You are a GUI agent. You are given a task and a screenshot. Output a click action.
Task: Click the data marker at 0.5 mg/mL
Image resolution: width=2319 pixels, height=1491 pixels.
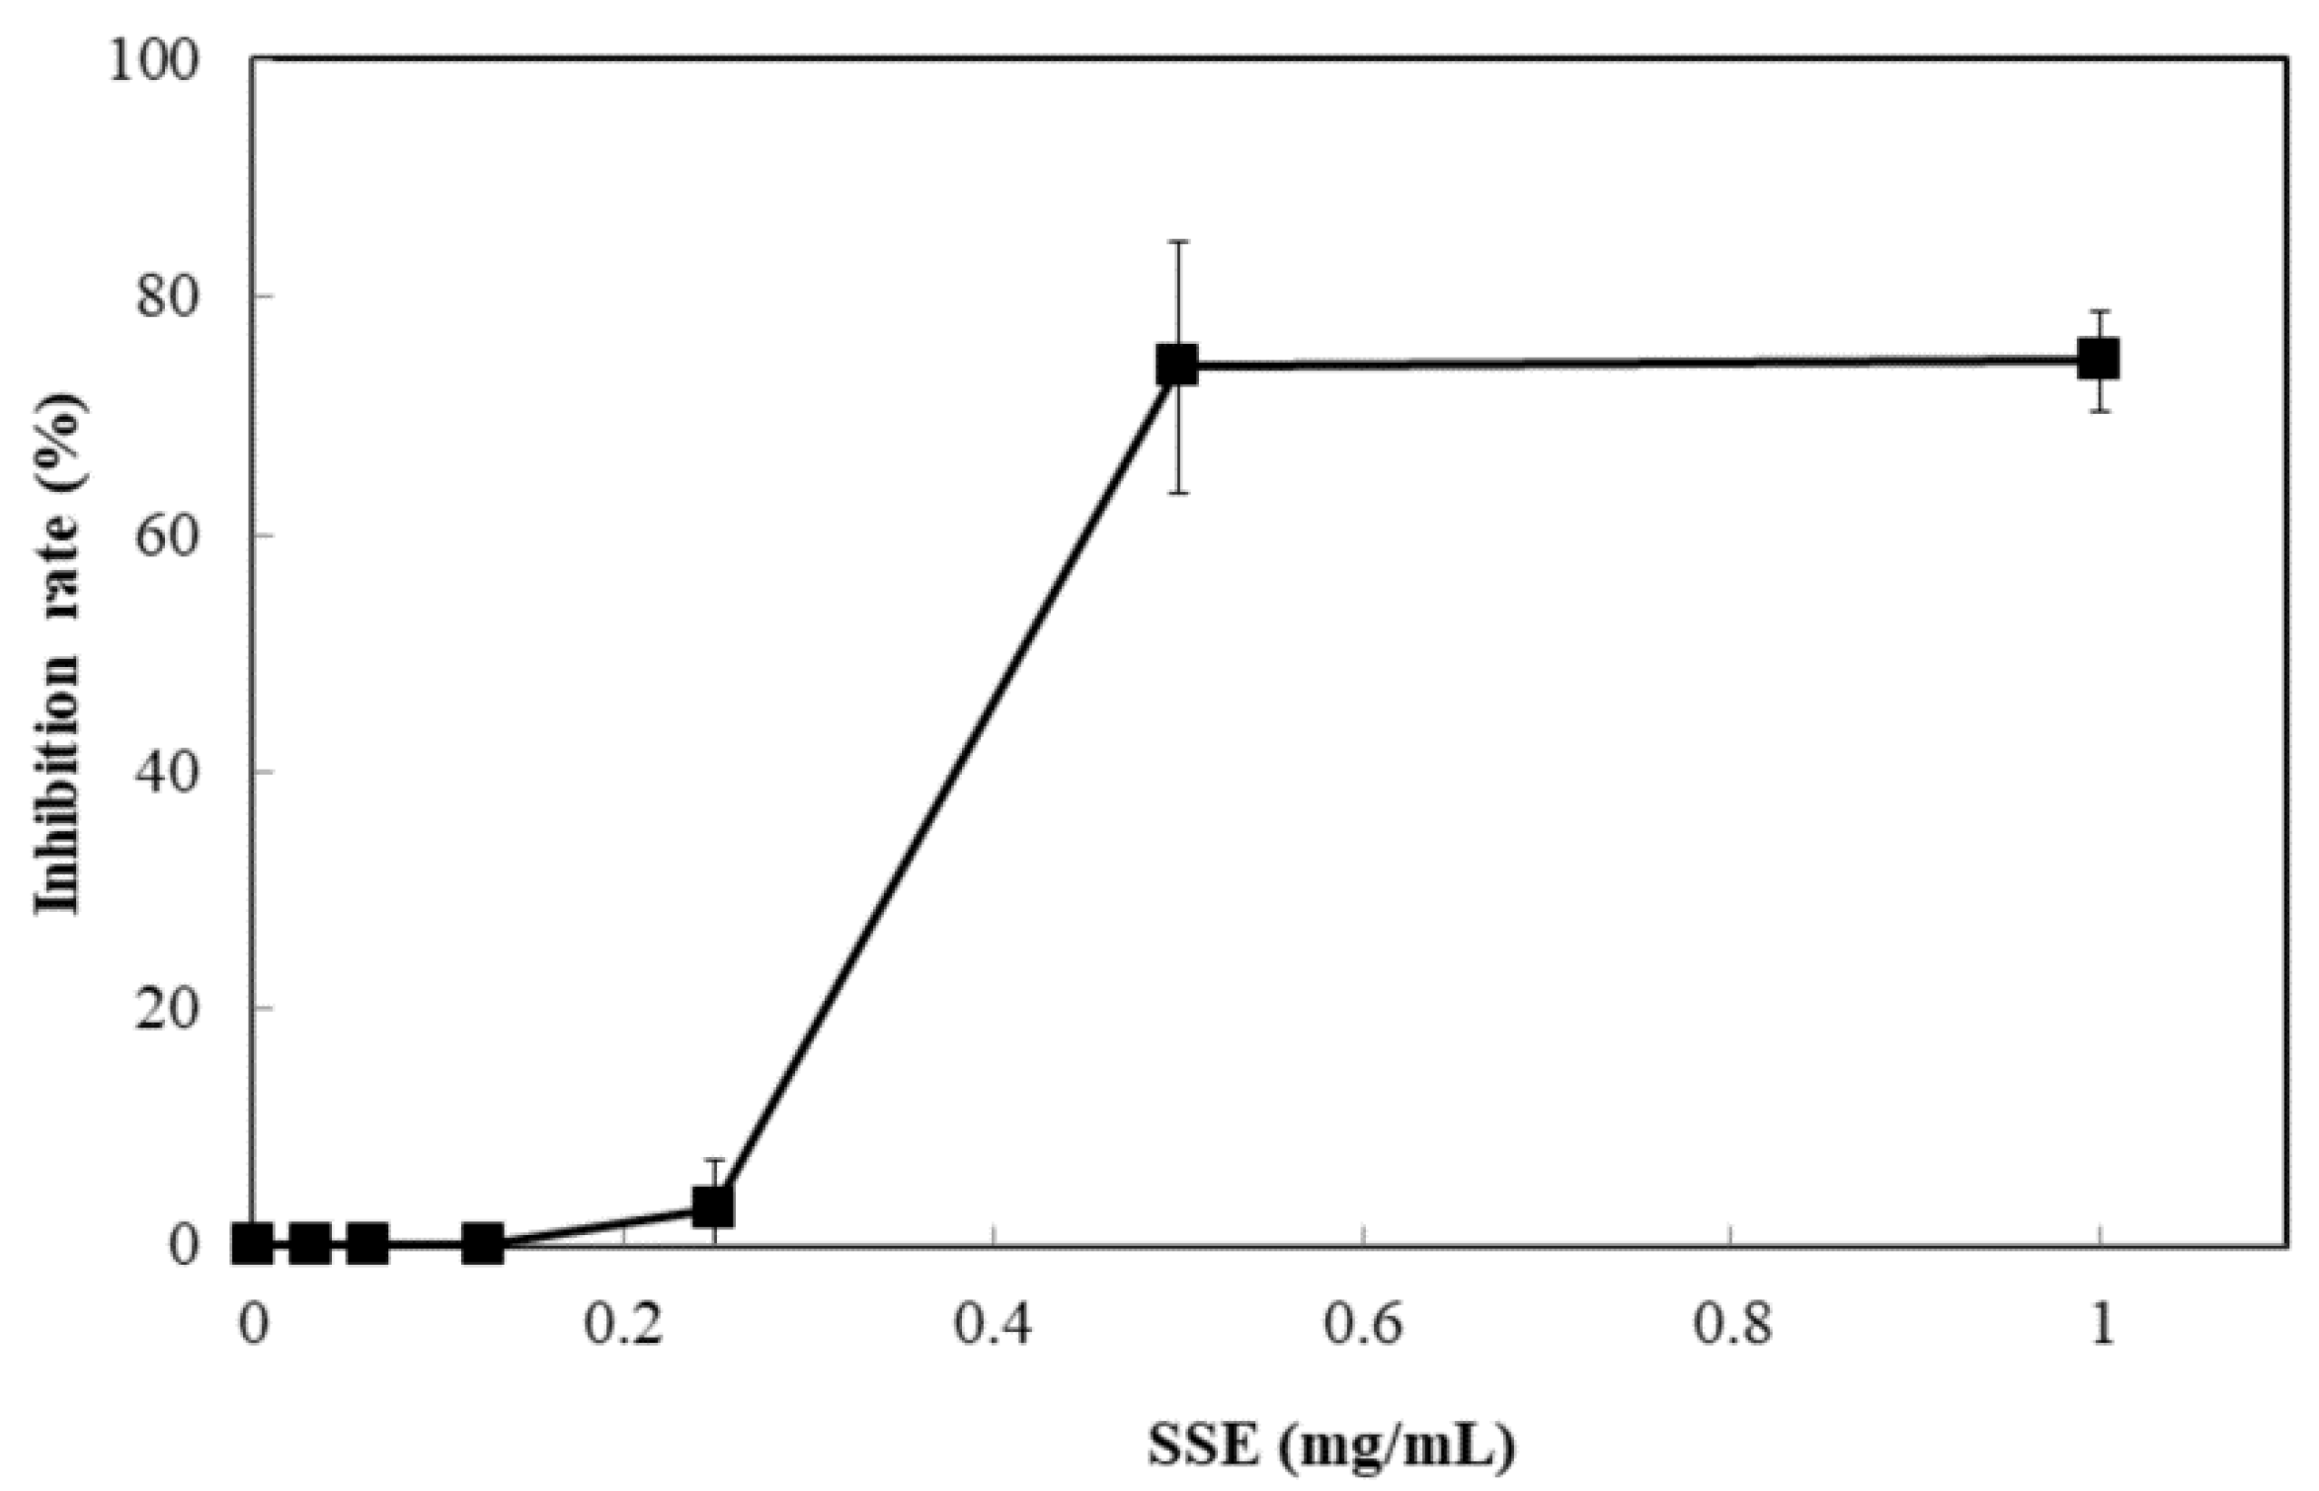[1177, 365]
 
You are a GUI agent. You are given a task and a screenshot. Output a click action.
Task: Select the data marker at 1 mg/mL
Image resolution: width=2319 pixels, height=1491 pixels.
[2099, 359]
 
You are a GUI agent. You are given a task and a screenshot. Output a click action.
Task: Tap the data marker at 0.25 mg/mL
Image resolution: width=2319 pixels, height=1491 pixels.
[713, 1206]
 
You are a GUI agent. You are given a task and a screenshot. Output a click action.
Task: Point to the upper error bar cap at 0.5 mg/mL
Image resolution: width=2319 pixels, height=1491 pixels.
[1177, 241]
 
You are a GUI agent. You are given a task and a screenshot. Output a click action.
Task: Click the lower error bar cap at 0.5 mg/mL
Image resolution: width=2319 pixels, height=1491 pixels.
[1177, 492]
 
